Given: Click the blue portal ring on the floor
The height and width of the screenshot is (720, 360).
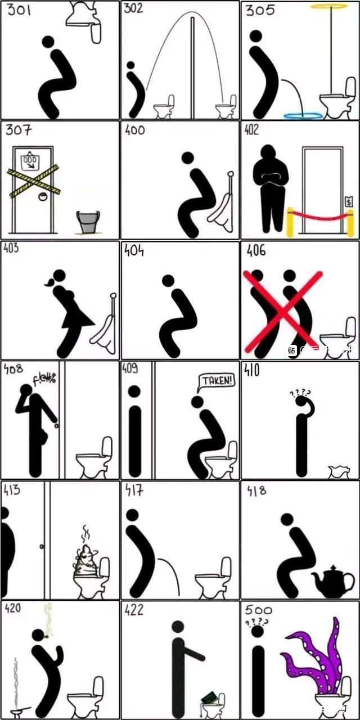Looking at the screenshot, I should (x=304, y=116).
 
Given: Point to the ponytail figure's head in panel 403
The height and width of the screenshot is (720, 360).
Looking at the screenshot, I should (x=58, y=276).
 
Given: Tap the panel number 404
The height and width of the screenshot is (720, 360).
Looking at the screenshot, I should (x=133, y=250).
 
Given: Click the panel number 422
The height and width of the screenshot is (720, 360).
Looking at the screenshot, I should (x=133, y=610).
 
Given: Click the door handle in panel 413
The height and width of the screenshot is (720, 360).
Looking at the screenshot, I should (x=42, y=546).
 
